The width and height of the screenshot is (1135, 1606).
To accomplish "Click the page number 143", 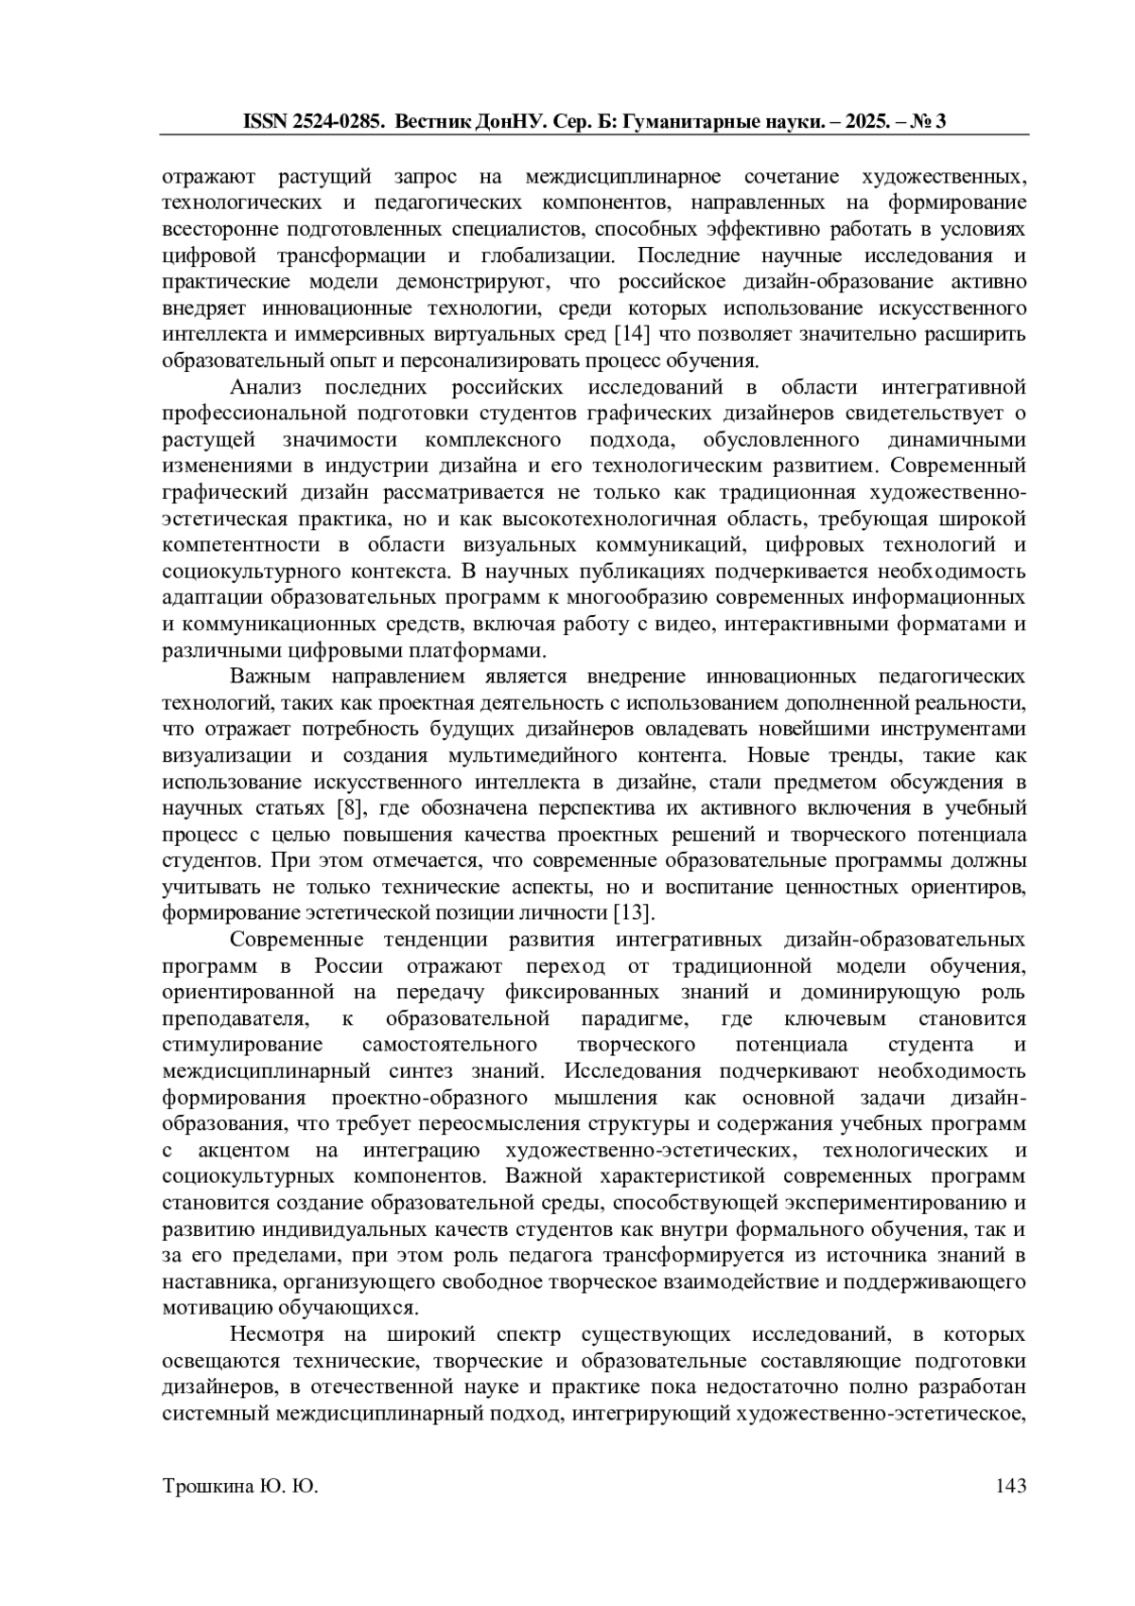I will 1010,1487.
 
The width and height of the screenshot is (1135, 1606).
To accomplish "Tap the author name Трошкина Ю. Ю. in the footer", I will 240,1487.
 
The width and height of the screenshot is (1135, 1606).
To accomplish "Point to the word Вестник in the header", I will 430,121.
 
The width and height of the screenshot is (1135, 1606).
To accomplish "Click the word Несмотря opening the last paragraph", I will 276,1335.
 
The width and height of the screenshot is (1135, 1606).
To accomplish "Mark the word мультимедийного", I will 533,756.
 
